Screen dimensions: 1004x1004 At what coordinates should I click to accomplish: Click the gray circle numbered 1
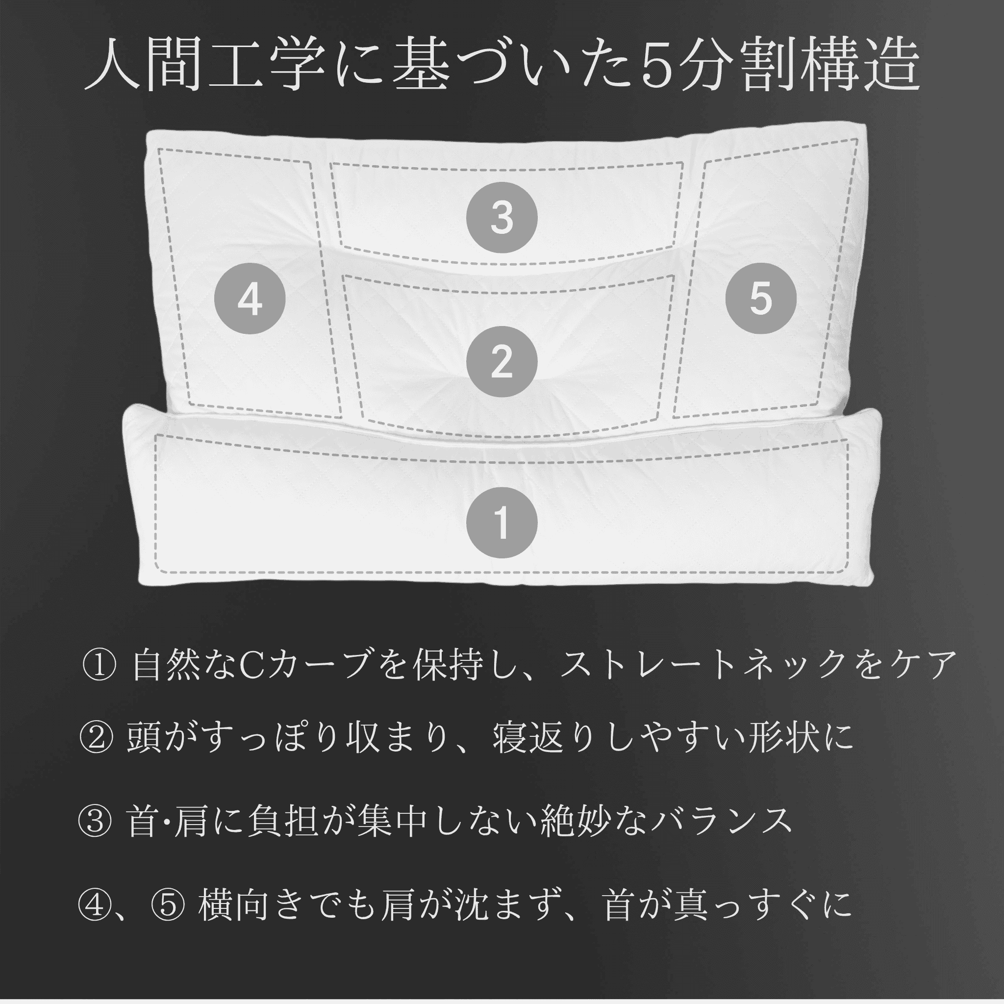[x=502, y=522]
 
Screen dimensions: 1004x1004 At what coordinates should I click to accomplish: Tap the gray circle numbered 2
[x=502, y=362]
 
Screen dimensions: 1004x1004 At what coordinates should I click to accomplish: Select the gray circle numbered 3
[x=502, y=217]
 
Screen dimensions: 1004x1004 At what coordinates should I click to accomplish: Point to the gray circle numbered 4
[x=250, y=298]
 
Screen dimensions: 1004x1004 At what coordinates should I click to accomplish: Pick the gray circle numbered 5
[x=761, y=298]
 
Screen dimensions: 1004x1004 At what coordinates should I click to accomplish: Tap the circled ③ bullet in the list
[x=95, y=822]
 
